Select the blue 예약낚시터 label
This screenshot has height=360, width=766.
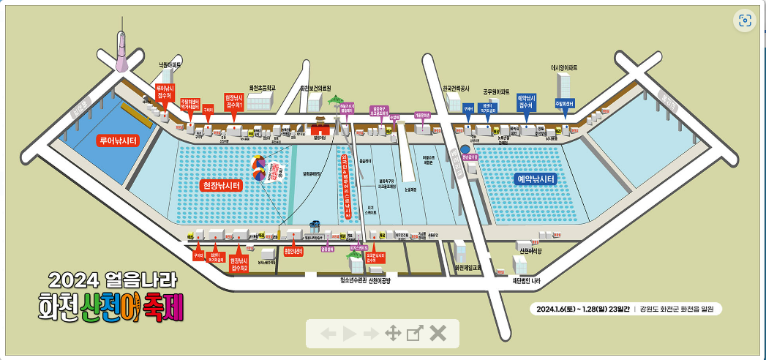(x=536, y=179)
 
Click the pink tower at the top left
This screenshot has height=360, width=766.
(x=121, y=53)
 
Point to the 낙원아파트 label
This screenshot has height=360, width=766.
(x=170, y=65)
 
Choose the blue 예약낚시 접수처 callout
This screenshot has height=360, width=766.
(x=525, y=102)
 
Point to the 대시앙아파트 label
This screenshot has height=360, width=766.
(x=564, y=67)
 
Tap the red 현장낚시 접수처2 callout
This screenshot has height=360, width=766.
(x=240, y=263)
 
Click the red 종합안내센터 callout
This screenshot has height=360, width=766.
(x=293, y=252)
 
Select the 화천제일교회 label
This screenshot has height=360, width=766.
(x=468, y=268)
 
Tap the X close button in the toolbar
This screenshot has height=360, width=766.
(x=438, y=334)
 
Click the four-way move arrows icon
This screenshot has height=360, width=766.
(x=393, y=334)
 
